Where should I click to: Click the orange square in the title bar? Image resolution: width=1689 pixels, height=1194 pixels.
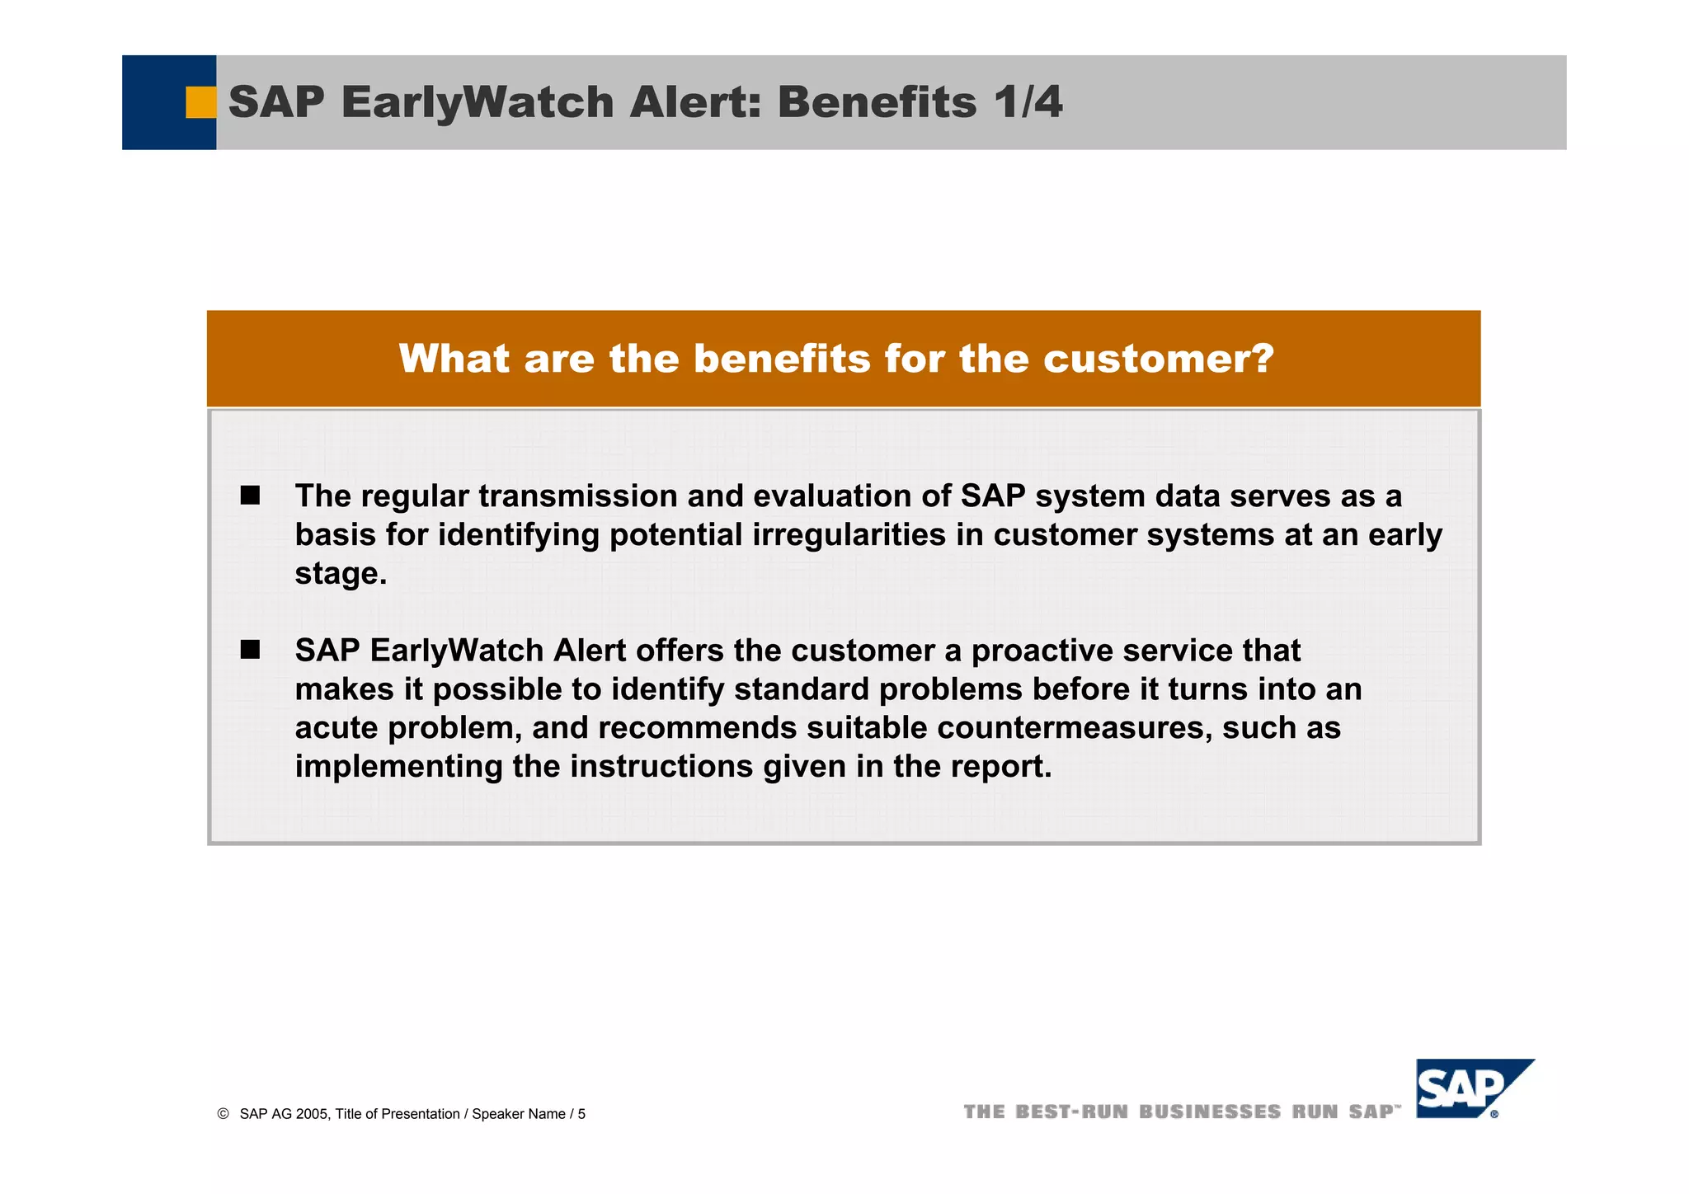[x=200, y=102]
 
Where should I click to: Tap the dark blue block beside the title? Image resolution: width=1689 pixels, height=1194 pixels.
[x=157, y=102]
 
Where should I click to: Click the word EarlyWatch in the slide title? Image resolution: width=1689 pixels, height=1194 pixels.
[x=477, y=102]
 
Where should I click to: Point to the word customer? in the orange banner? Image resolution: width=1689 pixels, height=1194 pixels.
[x=1158, y=360]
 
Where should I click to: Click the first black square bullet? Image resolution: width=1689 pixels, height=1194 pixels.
[x=250, y=496]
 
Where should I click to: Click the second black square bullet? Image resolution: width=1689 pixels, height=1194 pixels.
[x=250, y=651]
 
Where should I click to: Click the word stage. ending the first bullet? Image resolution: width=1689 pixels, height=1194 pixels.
[x=341, y=574]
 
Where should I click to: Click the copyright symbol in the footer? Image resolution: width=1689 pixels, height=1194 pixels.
[x=223, y=1114]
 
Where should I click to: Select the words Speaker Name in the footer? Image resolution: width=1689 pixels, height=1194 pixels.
[x=518, y=1114]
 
